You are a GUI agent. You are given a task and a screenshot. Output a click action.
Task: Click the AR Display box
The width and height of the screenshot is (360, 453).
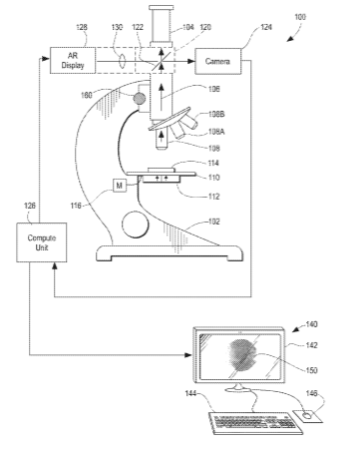[73, 61]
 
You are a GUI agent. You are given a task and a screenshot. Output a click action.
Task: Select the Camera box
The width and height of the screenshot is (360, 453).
[217, 61]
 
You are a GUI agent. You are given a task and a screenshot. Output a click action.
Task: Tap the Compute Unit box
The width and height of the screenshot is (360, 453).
[42, 242]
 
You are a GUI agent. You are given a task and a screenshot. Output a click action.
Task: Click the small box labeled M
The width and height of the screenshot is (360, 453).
[120, 186]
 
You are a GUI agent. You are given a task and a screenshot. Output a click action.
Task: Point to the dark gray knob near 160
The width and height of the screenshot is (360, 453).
[140, 98]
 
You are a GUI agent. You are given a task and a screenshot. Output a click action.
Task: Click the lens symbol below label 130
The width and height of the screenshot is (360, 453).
[122, 61]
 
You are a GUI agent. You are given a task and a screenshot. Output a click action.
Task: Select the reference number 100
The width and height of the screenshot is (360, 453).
[300, 17]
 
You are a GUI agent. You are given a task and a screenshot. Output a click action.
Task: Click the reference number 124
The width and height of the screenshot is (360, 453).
[266, 27]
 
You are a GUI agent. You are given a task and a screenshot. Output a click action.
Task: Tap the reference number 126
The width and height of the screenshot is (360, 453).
[30, 206]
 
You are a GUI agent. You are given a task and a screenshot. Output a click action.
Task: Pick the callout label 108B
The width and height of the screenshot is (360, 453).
[216, 114]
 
